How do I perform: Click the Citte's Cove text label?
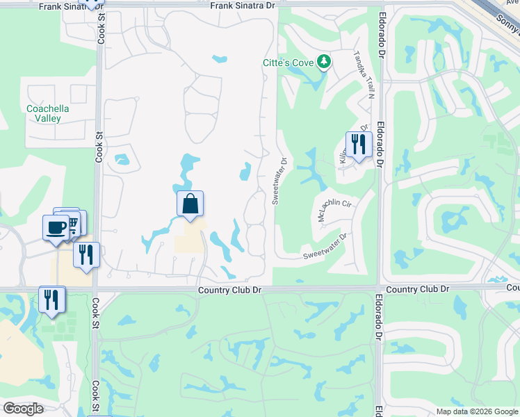(x=287, y=63)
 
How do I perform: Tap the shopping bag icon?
(x=190, y=204)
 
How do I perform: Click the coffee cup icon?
(x=55, y=227)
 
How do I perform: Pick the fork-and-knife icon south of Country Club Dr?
(x=51, y=300)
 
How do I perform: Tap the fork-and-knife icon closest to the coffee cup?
(x=86, y=254)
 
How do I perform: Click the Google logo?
(x=24, y=409)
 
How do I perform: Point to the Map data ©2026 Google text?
(x=476, y=411)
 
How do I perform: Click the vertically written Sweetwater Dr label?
(x=279, y=181)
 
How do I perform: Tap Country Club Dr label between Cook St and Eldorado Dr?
(x=229, y=290)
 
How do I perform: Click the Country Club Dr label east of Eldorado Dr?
(x=417, y=288)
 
